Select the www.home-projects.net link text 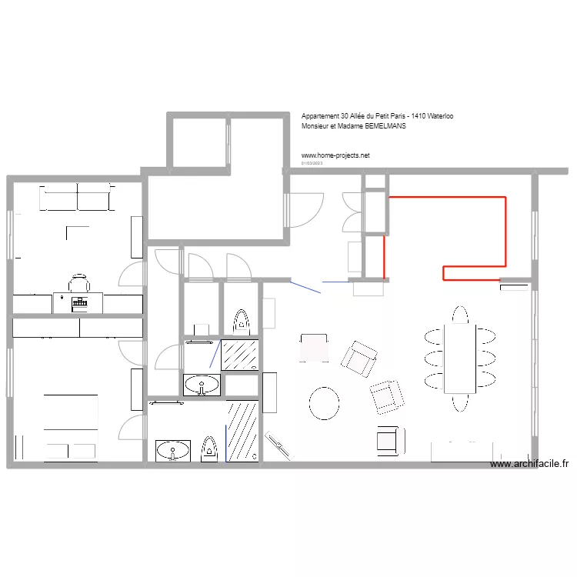335,155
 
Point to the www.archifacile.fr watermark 529,464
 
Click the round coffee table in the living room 324,402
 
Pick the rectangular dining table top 460,358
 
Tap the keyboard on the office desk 78,303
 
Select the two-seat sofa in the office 75,197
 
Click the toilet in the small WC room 242,322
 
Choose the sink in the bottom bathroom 172,449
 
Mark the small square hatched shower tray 240,354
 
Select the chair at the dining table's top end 460,315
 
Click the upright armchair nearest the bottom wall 390,439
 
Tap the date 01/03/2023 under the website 312,163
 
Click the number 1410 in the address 419,116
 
